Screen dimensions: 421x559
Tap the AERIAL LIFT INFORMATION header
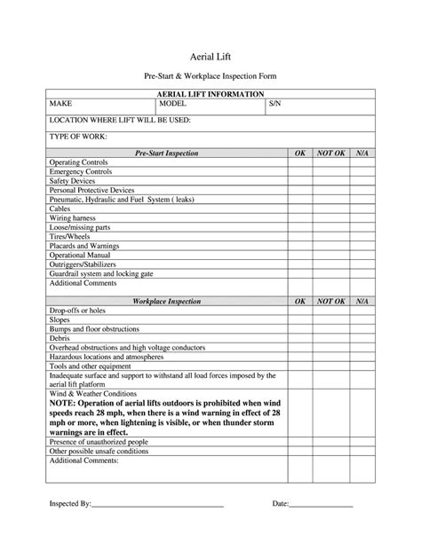click(210, 93)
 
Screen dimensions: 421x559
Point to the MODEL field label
click(172, 103)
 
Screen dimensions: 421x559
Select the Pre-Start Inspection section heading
click(166, 154)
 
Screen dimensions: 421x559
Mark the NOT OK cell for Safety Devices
click(330, 181)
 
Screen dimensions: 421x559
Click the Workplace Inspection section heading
click(166, 302)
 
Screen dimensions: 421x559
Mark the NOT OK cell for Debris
click(330, 338)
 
